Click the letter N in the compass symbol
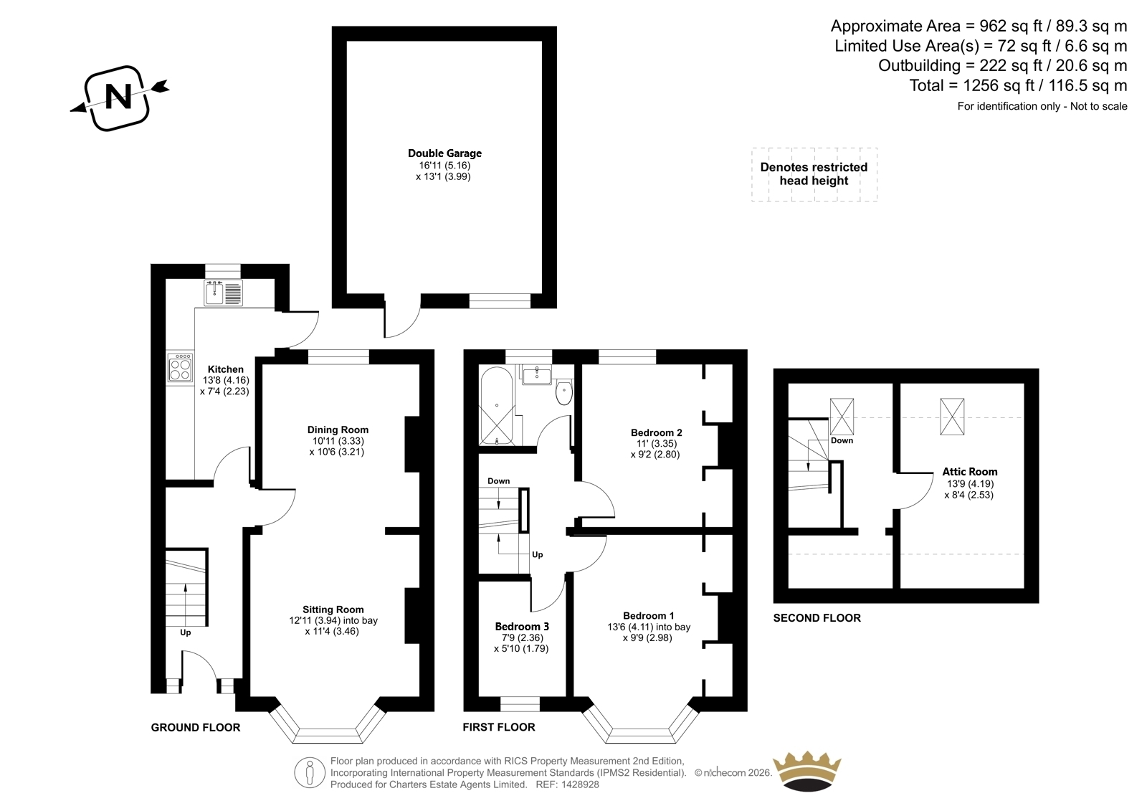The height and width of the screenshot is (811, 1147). click(x=118, y=96)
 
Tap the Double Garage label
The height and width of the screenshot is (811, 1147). click(x=444, y=153)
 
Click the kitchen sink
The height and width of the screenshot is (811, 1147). click(x=223, y=293)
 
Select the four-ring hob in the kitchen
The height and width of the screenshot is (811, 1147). click(x=180, y=367)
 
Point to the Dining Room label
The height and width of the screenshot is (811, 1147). click(x=338, y=430)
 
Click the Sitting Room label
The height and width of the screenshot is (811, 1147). click(x=333, y=610)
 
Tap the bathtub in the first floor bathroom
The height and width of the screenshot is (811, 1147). click(x=496, y=405)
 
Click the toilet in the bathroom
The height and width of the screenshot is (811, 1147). click(x=563, y=392)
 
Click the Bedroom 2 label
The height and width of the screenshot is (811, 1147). click(x=656, y=433)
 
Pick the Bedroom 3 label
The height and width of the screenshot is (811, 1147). click(x=522, y=627)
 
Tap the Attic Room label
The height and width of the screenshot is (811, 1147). click(x=970, y=472)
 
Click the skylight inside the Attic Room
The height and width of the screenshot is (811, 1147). click(x=952, y=417)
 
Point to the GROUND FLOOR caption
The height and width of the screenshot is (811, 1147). click(x=196, y=728)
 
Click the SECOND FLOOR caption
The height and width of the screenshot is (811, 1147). click(x=817, y=618)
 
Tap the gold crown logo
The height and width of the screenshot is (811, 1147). click(x=806, y=772)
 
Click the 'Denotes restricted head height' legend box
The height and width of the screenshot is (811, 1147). click(x=814, y=174)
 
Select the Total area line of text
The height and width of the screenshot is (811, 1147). click(x=1018, y=85)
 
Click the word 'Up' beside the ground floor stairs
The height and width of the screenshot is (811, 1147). click(x=186, y=632)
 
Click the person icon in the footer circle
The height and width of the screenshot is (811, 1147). click(x=309, y=772)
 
